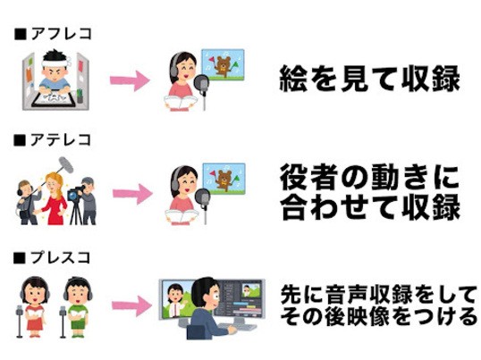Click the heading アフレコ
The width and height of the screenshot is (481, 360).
62,33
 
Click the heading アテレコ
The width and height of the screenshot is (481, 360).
61,140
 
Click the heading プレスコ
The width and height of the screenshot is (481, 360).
61,257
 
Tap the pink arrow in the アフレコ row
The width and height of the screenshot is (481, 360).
130,80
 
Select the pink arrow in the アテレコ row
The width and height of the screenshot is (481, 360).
132,194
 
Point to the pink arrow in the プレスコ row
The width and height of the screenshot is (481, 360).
131,306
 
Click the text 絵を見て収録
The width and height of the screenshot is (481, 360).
369,79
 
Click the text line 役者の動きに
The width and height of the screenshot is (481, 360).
369,178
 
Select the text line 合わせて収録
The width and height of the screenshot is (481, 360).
370,206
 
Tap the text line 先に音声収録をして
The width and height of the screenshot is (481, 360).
379,295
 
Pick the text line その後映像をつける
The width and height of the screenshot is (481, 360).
379,316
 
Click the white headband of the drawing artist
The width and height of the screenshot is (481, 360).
55,63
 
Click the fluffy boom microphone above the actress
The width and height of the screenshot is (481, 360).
66,165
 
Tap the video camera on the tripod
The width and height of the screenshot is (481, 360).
74,193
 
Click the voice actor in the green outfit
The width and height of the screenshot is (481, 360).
77,307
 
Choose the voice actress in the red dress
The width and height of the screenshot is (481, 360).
34,307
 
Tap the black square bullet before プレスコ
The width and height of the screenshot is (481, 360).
20,258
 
